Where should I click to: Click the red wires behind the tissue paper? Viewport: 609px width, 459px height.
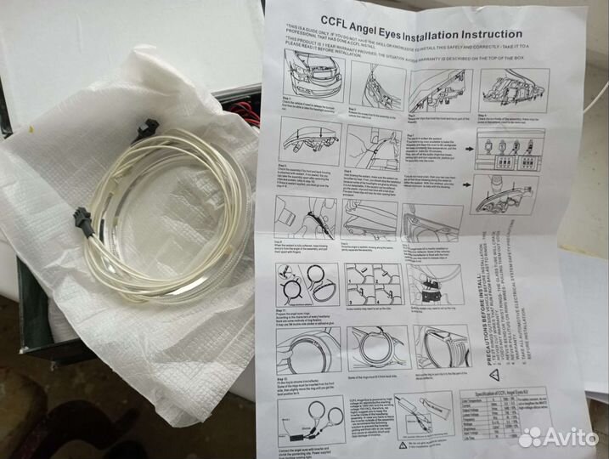coord(241,109)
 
